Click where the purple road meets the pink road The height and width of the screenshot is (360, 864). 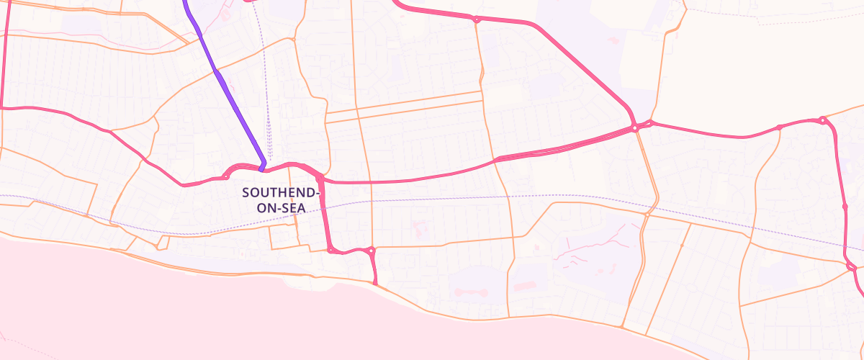(x=262, y=168)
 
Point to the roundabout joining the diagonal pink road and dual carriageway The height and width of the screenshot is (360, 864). (x=635, y=128)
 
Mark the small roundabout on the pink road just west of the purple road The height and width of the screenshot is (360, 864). (x=226, y=176)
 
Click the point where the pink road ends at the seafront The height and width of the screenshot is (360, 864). (x=376, y=283)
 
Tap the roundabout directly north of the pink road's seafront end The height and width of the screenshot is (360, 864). (x=371, y=251)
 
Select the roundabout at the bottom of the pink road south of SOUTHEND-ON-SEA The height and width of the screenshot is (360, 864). (x=330, y=250)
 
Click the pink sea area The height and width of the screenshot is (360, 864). (x=144, y=310)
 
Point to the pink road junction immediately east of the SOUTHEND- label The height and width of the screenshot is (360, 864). (x=320, y=178)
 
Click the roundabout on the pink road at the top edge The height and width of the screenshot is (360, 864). (x=477, y=19)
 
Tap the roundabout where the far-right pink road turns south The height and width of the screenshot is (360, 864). (x=822, y=120)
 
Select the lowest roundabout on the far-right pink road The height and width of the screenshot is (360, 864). (x=851, y=267)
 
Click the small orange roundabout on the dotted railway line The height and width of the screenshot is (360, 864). (x=647, y=214)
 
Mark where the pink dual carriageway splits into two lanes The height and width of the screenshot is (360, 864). (x=497, y=159)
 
